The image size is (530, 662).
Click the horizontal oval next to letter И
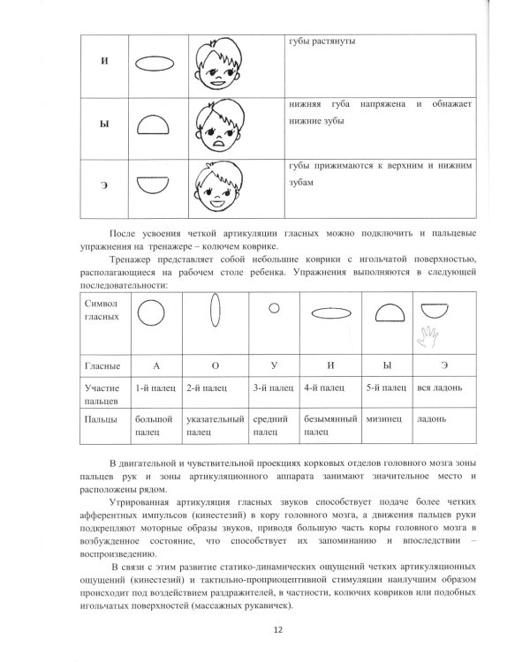[155, 66]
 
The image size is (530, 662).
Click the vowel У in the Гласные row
[272, 364]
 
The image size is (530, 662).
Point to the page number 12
[278, 628]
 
